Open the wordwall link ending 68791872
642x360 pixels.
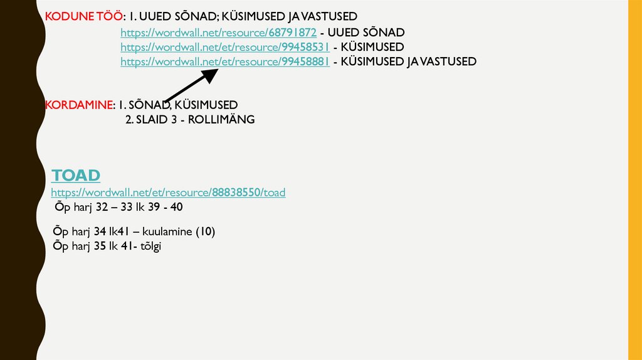click(x=218, y=33)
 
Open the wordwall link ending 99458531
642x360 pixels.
click(x=224, y=47)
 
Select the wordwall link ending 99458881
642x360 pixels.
click(x=224, y=61)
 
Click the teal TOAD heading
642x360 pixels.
click(x=76, y=175)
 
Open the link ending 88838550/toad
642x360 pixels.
click(x=168, y=193)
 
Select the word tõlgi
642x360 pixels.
click(x=150, y=246)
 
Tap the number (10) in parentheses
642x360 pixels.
click(x=205, y=232)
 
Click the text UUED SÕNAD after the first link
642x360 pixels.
click(x=366, y=33)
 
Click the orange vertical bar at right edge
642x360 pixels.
click(x=634, y=180)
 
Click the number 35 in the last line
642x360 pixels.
click(x=102, y=246)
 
